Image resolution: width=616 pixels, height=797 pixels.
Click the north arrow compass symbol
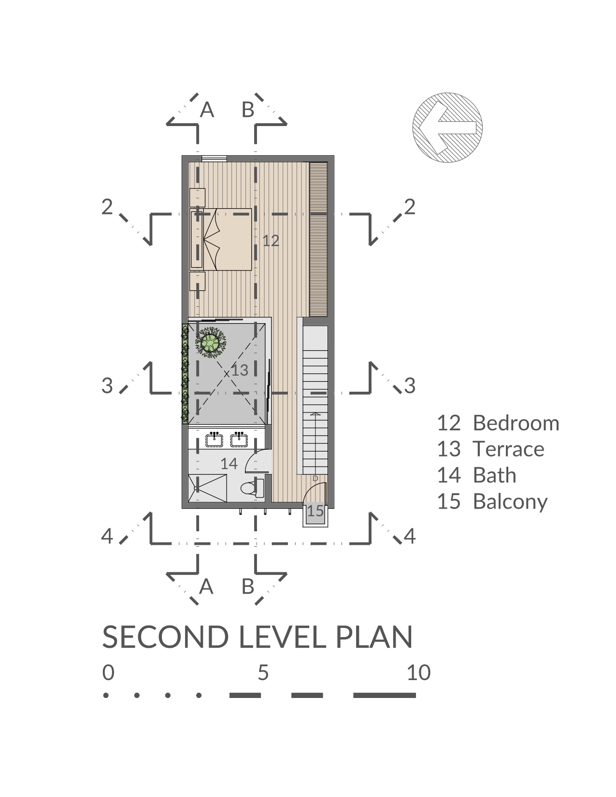pos(447,127)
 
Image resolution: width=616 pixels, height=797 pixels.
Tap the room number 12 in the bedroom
pos(271,241)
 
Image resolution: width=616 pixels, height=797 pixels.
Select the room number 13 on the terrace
pos(240,370)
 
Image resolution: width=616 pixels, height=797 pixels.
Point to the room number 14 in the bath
pos(229,464)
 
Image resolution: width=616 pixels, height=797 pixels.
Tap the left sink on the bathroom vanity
pos(214,440)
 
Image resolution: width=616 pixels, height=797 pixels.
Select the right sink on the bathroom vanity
pos(239,440)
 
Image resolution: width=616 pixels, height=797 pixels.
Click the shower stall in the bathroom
pos(208,488)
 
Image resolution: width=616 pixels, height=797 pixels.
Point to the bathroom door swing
pos(258,461)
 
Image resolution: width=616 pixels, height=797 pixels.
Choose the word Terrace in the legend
pos(509,449)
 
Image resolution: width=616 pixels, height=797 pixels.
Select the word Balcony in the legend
pos(510,502)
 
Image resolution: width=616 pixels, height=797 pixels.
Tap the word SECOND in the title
pos(165,637)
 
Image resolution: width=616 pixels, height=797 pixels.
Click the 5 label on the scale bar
pos(263,673)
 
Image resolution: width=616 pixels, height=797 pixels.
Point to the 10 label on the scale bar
pos(418,673)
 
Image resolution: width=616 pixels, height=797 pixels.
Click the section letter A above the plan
pos(207,109)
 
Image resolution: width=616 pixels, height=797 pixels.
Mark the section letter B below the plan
pos(248,586)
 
